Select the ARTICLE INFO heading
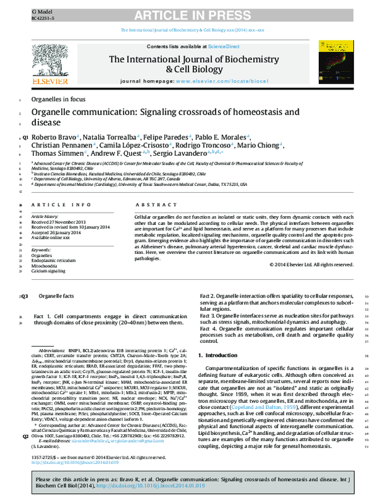[60, 205]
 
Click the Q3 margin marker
[25, 296]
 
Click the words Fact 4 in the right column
[209, 329]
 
